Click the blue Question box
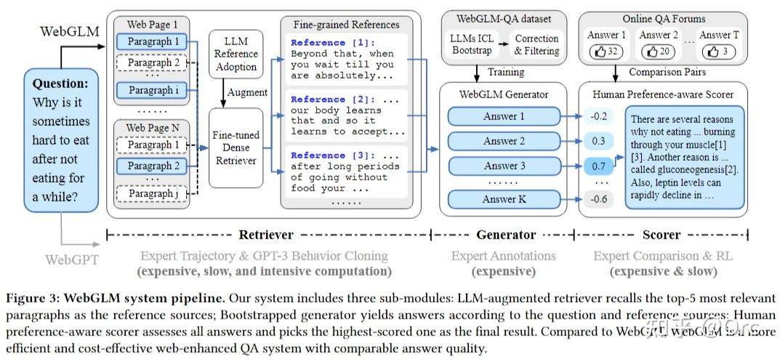(61, 140)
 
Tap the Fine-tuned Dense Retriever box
(236, 148)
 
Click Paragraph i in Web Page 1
(153, 91)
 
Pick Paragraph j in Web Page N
(153, 194)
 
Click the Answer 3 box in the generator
(504, 167)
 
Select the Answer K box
(504, 199)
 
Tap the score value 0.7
(598, 167)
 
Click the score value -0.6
(598, 199)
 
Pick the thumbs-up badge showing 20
(658, 52)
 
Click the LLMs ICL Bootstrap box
(473, 44)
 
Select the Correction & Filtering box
(536, 44)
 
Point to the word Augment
(248, 92)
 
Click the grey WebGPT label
(71, 259)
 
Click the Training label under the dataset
(505, 72)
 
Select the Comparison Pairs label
(667, 72)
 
